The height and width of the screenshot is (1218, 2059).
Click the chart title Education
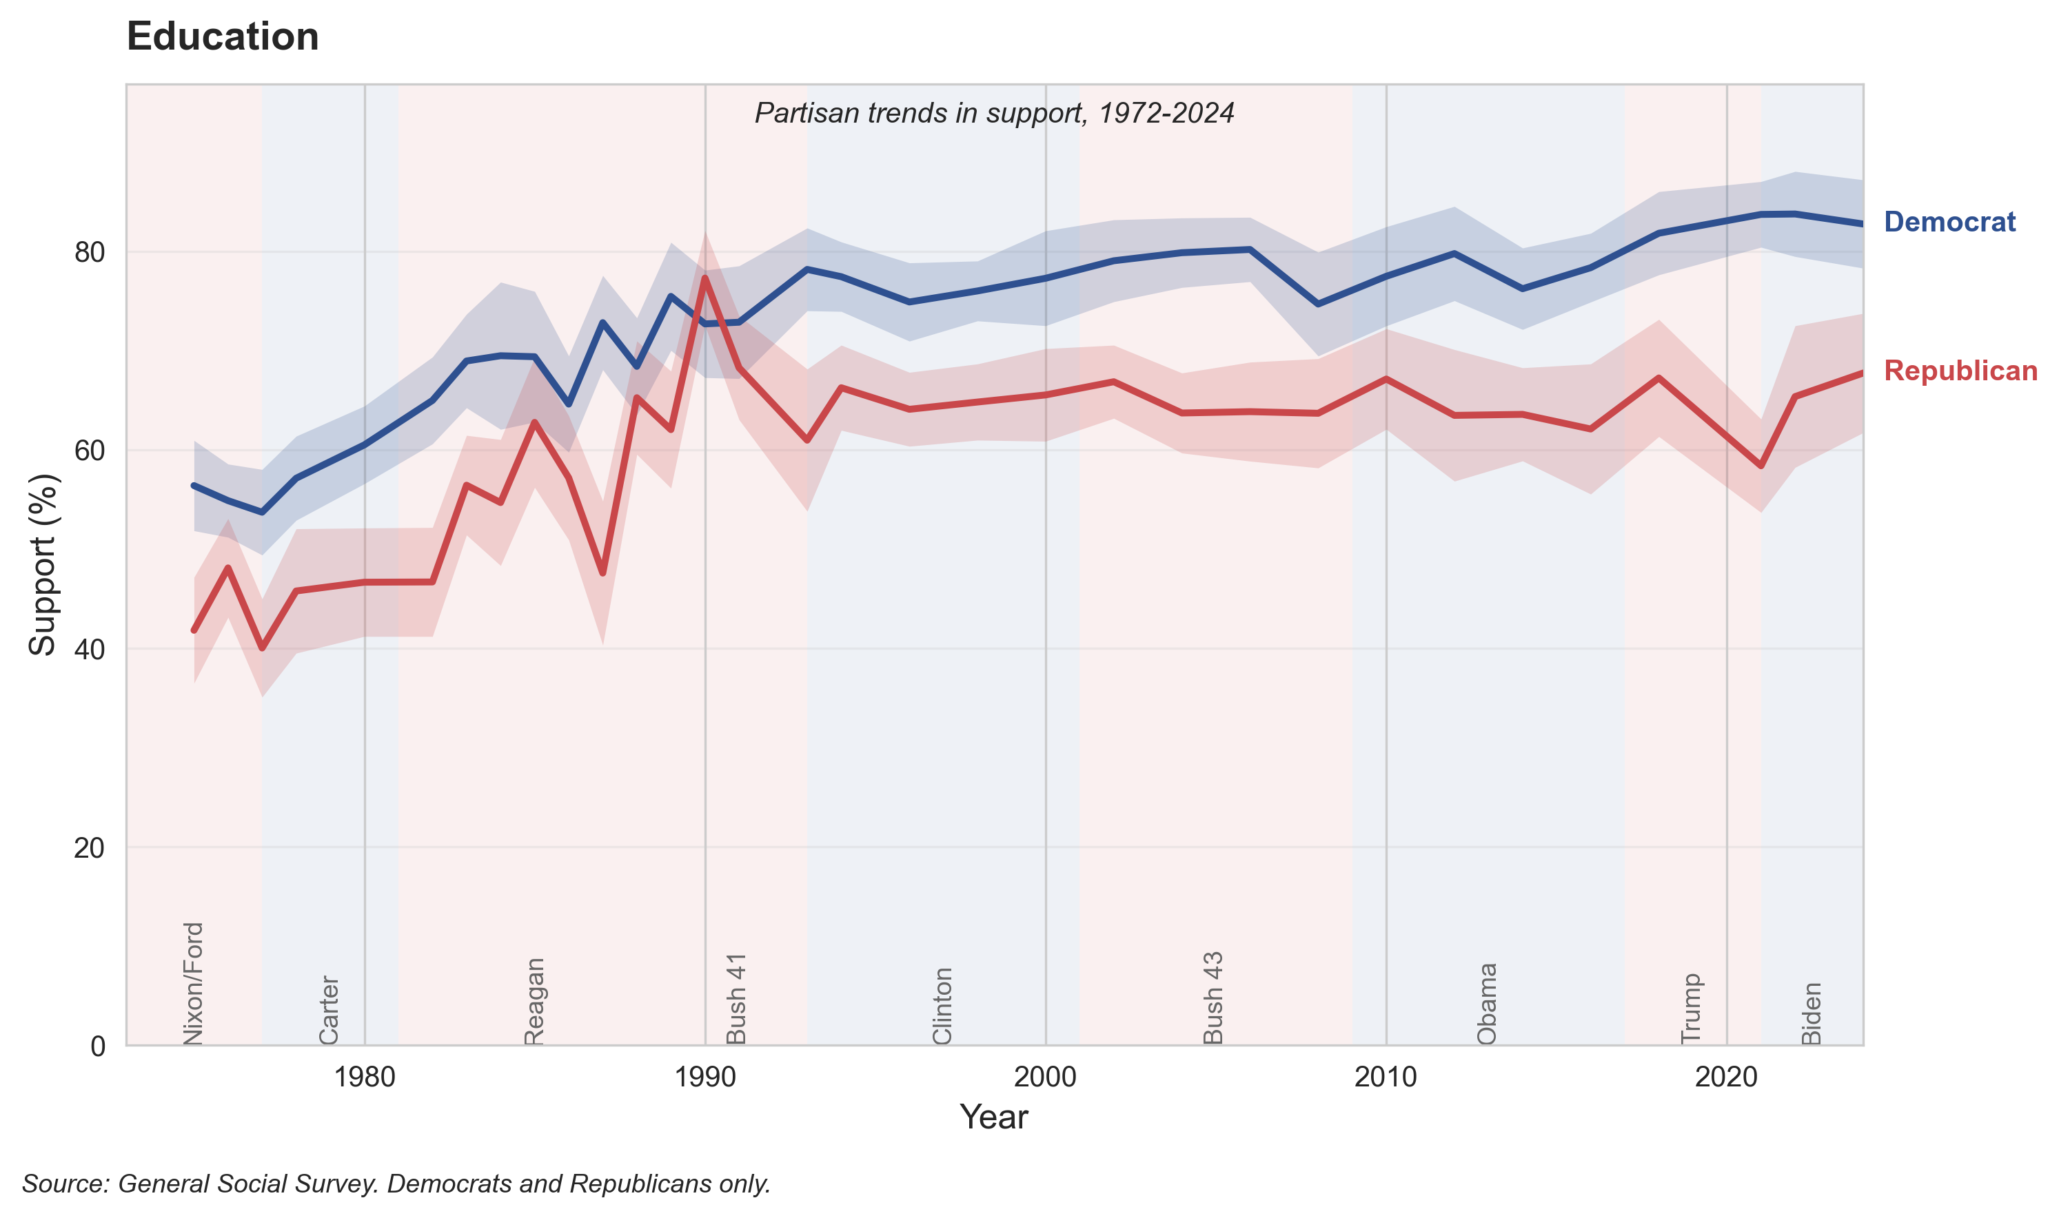[223, 37]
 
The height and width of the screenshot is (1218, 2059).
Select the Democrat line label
[1949, 222]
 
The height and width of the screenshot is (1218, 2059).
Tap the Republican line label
[1960, 371]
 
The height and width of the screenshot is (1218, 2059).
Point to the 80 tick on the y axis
[90, 253]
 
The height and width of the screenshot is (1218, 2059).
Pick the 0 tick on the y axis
[98, 1046]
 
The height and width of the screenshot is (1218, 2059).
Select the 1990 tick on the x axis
[704, 1077]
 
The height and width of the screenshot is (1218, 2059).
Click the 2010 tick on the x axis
[1386, 1077]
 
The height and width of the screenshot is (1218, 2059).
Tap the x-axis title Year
[993, 1117]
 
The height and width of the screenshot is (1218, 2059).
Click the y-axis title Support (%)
[43, 565]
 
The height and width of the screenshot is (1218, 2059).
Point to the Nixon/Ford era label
[193, 983]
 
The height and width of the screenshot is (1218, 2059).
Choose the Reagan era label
[534, 1001]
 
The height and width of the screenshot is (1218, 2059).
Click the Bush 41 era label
[736, 998]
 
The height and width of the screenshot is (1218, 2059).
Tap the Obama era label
[1487, 1004]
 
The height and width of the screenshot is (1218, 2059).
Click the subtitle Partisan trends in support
[993, 113]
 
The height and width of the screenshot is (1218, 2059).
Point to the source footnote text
[396, 1184]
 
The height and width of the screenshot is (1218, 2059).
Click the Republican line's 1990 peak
[705, 278]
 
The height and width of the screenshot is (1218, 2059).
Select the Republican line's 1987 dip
[603, 573]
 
